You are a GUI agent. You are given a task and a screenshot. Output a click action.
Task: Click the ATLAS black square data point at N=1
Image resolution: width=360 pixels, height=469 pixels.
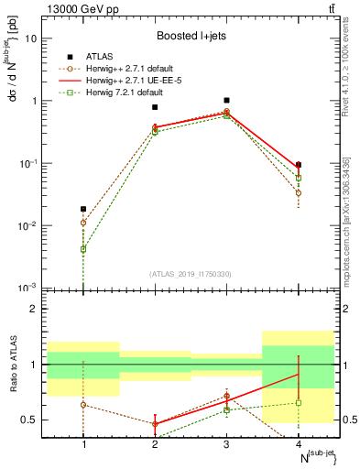83,209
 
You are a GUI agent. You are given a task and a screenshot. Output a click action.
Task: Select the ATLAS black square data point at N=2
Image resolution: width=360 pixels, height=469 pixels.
155,107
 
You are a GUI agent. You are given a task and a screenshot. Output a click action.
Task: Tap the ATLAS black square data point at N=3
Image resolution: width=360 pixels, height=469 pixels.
226,100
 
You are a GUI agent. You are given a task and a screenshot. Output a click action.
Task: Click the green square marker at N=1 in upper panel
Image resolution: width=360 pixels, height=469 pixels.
83,249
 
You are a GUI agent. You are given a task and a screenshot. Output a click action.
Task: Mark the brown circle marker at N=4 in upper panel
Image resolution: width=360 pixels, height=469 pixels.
298,193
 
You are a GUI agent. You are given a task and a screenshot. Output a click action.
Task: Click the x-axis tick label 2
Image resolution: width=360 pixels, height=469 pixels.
155,444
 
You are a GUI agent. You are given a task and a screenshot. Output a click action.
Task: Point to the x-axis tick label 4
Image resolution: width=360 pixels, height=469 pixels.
298,444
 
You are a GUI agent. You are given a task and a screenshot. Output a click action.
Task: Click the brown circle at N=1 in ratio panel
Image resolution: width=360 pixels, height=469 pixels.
83,404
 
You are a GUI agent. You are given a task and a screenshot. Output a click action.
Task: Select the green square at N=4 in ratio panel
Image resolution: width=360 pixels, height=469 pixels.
298,402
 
